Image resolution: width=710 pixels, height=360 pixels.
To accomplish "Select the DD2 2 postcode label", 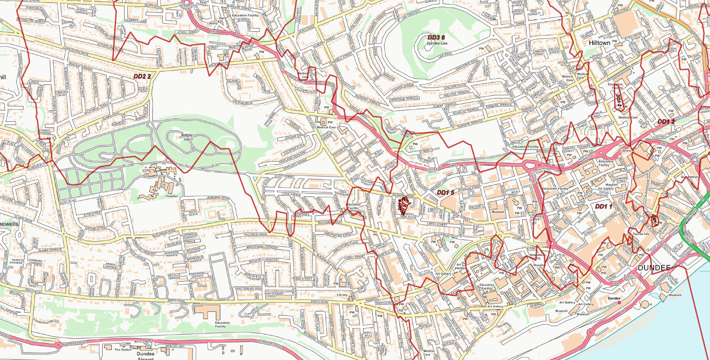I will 142,76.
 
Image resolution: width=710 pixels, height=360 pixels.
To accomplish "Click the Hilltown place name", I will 600,43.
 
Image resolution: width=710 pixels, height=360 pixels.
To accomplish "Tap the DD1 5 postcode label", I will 446,192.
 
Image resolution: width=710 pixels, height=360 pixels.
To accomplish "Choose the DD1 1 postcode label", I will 603,207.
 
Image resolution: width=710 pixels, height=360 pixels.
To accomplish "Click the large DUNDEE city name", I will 654,268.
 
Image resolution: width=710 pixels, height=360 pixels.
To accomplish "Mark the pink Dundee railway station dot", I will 620,303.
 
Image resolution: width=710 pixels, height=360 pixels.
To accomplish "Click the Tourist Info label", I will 641,234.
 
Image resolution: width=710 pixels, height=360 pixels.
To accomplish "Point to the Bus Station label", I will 689,177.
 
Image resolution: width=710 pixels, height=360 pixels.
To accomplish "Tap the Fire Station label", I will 123,350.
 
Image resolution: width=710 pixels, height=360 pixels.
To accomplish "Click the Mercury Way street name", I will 175,346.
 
